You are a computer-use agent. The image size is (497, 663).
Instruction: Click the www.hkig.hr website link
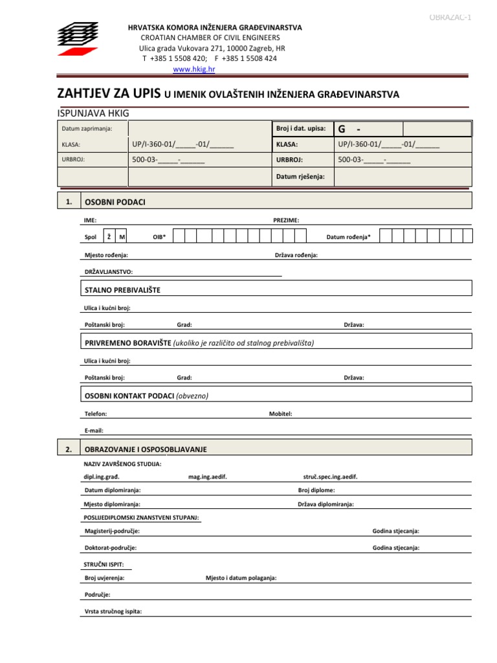tap(193, 69)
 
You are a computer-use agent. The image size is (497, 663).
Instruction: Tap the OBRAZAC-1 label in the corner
tap(450, 17)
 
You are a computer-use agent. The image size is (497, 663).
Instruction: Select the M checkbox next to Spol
tap(122, 237)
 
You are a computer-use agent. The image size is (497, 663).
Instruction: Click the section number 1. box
tap(69, 202)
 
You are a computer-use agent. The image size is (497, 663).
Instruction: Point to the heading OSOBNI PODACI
tap(115, 203)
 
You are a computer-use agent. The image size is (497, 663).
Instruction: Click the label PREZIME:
tap(286, 221)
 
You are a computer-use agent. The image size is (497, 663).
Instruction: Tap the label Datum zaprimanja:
tap(87, 129)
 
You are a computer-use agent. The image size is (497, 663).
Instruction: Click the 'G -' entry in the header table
tap(350, 129)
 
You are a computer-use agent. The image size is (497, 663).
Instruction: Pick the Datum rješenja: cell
tap(300, 176)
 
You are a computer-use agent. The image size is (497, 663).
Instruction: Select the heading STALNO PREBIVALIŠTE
tap(122, 290)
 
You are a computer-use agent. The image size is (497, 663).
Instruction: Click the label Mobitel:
tap(280, 413)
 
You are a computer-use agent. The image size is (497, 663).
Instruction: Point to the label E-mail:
tap(94, 430)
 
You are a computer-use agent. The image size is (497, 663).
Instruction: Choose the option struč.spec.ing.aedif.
tap(330, 477)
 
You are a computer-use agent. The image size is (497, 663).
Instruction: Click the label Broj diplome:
tap(316, 490)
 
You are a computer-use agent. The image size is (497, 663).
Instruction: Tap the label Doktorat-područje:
tap(111, 548)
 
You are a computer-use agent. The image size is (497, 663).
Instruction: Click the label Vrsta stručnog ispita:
tap(113, 611)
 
